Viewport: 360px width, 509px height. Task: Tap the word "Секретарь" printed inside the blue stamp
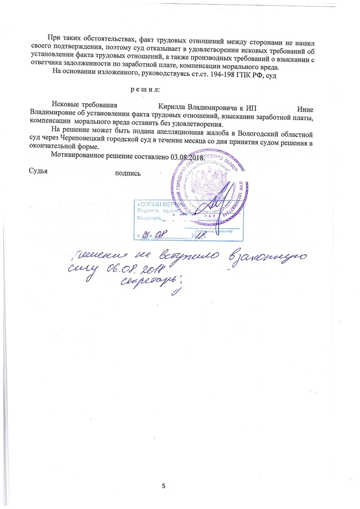150,217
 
